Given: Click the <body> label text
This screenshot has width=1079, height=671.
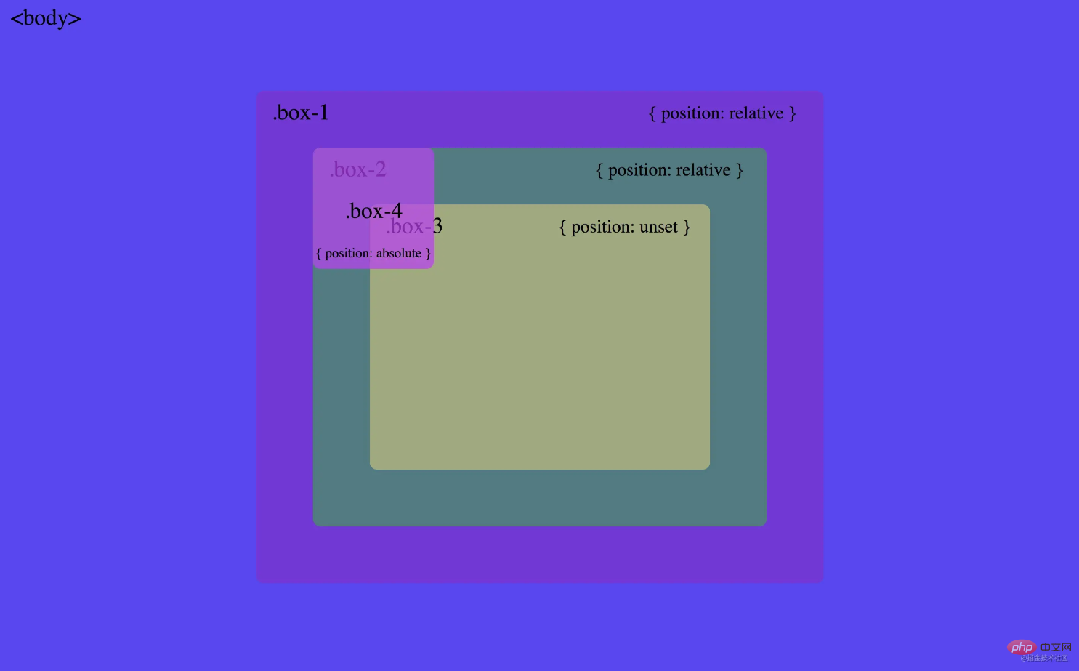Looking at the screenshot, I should [x=46, y=18].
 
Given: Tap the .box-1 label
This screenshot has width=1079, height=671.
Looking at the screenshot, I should [x=301, y=113].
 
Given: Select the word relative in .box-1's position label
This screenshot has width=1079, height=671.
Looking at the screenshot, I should [x=756, y=113].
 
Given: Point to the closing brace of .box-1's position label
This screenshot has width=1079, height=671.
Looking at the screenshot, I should [x=793, y=113].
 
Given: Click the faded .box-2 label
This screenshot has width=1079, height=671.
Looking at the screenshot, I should [x=357, y=169].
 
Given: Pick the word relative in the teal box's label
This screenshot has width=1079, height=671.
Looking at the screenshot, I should [x=703, y=170].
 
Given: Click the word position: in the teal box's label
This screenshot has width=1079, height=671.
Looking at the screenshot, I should [x=639, y=170].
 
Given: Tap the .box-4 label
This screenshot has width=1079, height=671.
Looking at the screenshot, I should [x=373, y=211].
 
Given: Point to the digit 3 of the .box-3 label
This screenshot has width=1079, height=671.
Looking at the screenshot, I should [x=437, y=227].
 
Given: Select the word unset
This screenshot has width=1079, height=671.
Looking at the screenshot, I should [x=659, y=227].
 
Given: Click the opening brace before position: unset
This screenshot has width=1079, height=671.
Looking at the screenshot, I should [x=562, y=227].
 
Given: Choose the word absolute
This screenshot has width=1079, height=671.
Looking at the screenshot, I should [x=399, y=253].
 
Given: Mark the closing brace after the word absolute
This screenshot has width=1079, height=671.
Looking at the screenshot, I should [x=429, y=253].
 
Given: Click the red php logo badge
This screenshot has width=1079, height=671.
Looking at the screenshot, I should [x=1022, y=647].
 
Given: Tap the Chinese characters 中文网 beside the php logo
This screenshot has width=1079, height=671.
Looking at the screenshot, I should [x=1056, y=647].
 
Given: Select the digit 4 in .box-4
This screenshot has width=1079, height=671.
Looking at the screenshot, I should [x=397, y=211].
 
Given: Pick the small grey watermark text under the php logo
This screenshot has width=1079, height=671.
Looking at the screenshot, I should [x=1044, y=658].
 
